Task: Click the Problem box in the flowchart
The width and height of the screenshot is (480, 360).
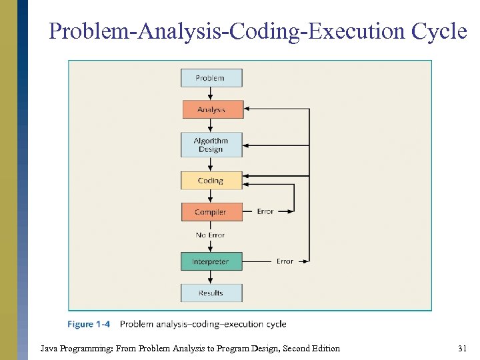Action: pyautogui.click(x=211, y=78)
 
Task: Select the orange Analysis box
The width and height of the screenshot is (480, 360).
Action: pyautogui.click(x=213, y=109)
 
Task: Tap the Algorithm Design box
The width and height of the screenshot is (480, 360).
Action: pyautogui.click(x=211, y=145)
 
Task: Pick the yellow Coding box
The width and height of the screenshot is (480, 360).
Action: pyautogui.click(x=211, y=181)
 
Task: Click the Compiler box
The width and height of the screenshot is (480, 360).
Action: pyautogui.click(x=211, y=212)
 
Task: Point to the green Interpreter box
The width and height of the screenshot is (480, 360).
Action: pyautogui.click(x=211, y=261)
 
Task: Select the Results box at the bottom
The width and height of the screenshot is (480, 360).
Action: pyautogui.click(x=211, y=293)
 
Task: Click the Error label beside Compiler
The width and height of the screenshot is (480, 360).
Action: pyautogui.click(x=265, y=212)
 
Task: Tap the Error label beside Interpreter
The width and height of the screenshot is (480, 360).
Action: pyautogui.click(x=285, y=261)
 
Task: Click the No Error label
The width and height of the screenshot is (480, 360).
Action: pyautogui.click(x=210, y=235)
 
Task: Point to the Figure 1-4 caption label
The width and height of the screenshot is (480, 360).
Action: pyautogui.click(x=89, y=325)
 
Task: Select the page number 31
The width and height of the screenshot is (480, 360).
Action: pyautogui.click(x=462, y=348)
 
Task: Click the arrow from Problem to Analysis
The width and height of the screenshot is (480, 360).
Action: pyautogui.click(x=211, y=94)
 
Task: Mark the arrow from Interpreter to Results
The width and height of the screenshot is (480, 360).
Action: pyautogui.click(x=211, y=277)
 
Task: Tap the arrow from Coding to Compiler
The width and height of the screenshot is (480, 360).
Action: pyautogui.click(x=211, y=197)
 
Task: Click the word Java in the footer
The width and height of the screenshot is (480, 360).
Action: pyautogui.click(x=49, y=348)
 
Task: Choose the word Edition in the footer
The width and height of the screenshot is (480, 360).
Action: pyautogui.click(x=323, y=348)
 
